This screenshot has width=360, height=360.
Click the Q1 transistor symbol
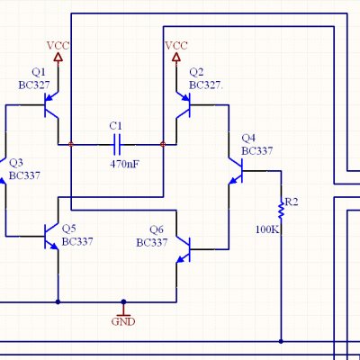click(x=50, y=105)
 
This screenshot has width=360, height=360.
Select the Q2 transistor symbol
click(x=184, y=105)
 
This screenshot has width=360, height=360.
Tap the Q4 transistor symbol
click(x=236, y=171)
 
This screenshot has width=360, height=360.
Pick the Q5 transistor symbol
click(x=51, y=237)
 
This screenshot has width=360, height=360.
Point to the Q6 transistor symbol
click(x=184, y=249)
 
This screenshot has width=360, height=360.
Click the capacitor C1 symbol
click(x=117, y=145)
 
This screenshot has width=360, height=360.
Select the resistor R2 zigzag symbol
click(x=281, y=211)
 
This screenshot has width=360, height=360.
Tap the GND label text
click(x=123, y=322)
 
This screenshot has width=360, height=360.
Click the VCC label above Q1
click(x=58, y=46)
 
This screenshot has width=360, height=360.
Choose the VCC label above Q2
click(x=176, y=46)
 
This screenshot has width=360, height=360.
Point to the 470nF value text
click(x=125, y=164)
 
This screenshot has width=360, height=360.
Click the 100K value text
click(x=267, y=229)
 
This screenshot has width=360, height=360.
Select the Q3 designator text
click(x=16, y=163)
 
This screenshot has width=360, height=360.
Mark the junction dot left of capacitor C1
click(x=71, y=144)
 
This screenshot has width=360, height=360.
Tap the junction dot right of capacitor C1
click(x=163, y=144)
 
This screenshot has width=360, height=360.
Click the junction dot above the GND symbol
click(x=123, y=301)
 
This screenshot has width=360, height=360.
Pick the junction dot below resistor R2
click(x=281, y=341)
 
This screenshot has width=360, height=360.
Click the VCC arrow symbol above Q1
click(x=58, y=58)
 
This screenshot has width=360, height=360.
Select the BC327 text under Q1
click(x=34, y=85)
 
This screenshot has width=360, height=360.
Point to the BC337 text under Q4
click(x=257, y=151)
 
